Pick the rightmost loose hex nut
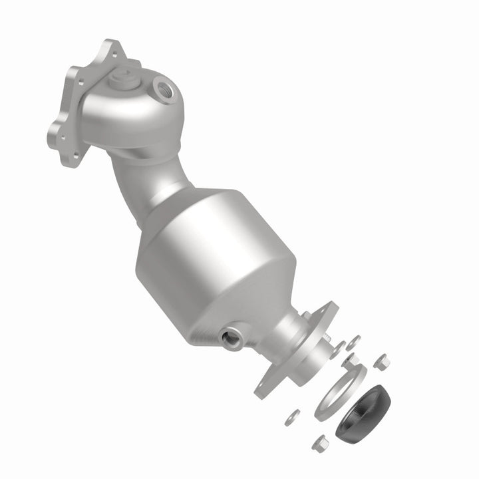[382, 363]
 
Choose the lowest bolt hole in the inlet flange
[75, 154]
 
